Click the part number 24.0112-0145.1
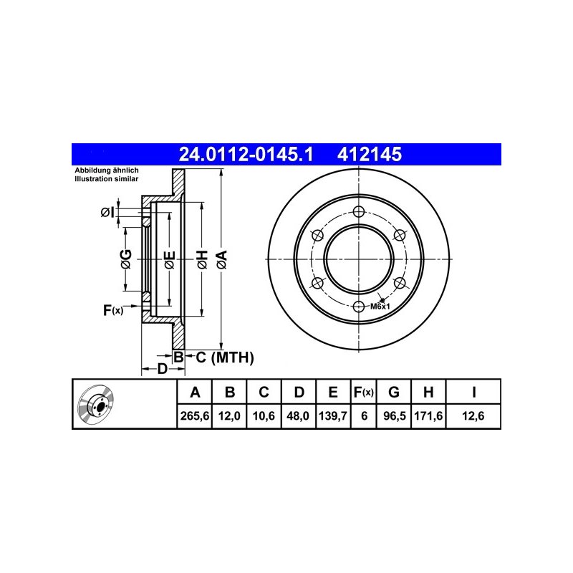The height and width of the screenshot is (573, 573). tap(246, 154)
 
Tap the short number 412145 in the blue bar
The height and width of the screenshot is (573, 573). tap(369, 154)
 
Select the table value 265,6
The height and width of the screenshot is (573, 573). tap(194, 416)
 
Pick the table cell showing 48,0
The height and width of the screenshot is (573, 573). tap(299, 416)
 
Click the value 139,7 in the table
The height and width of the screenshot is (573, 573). tap(332, 416)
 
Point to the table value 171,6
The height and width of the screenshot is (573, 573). tap(428, 416)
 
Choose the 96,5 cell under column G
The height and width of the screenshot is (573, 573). tap(395, 416)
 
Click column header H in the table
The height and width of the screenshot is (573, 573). tap(428, 392)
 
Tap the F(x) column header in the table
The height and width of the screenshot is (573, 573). tap(364, 392)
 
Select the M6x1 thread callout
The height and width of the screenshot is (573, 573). tap(380, 307)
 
